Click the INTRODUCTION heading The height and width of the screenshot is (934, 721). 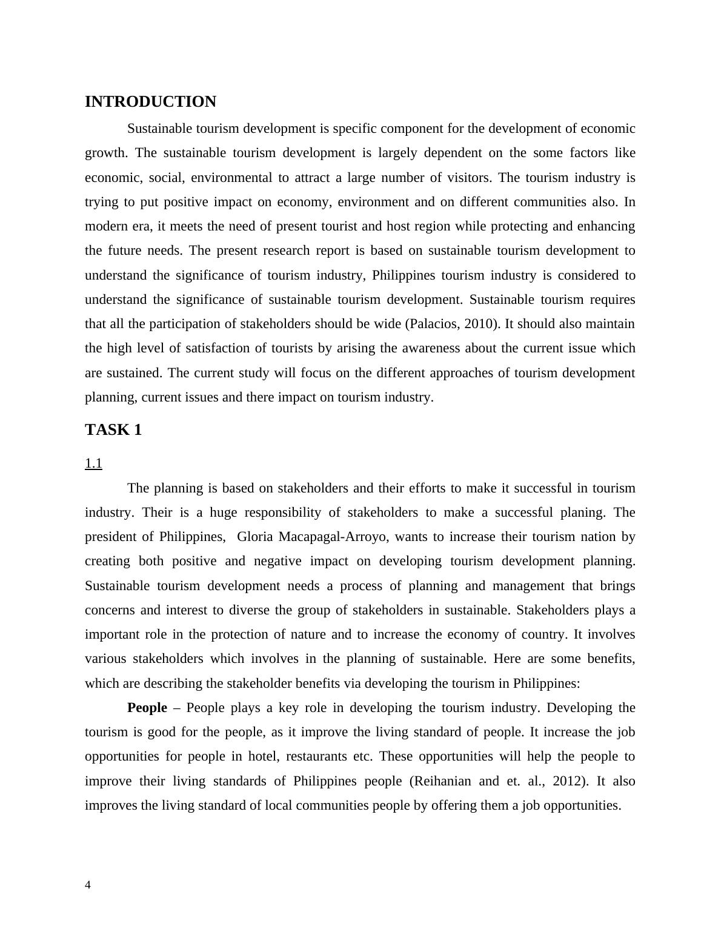(150, 102)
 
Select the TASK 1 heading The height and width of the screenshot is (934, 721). (113, 430)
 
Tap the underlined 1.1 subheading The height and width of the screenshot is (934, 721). (93, 464)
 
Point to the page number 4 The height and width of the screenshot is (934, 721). (88, 885)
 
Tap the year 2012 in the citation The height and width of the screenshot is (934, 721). (568, 781)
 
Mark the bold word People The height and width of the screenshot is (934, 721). (147, 708)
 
